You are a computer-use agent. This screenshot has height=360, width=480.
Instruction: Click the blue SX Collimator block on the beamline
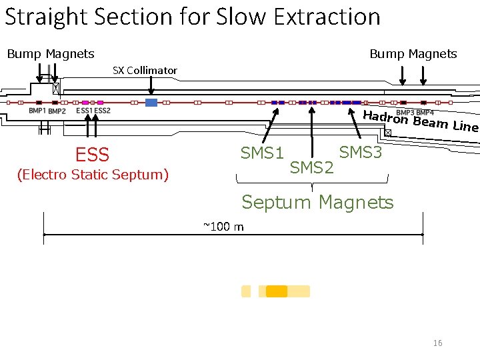pyautogui.click(x=151, y=103)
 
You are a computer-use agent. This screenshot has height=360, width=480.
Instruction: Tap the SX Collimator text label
pyautogui.click(x=145, y=70)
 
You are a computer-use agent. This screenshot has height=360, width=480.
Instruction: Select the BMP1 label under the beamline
pyautogui.click(x=37, y=111)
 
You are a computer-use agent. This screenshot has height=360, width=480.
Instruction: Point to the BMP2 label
pyautogui.click(x=57, y=111)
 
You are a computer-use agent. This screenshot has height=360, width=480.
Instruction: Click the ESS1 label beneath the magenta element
pyautogui.click(x=85, y=111)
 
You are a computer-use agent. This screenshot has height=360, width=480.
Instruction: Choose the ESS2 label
pyautogui.click(x=103, y=111)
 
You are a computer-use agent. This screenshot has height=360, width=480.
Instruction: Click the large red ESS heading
pyautogui.click(x=92, y=155)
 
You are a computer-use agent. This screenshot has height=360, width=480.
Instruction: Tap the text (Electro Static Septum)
pyautogui.click(x=93, y=175)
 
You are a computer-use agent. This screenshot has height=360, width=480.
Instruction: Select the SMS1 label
pyautogui.click(x=262, y=153)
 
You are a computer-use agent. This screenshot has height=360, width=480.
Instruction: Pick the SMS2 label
pyautogui.click(x=312, y=168)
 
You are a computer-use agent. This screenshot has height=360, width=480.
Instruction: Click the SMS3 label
pyautogui.click(x=361, y=153)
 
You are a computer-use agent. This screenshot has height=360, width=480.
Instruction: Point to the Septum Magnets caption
pyautogui.click(x=317, y=202)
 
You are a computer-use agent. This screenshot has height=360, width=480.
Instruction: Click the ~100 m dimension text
pyautogui.click(x=223, y=227)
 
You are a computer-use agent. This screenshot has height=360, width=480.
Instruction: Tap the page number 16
pyautogui.click(x=437, y=343)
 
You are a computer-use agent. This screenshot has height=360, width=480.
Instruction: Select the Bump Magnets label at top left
pyautogui.click(x=51, y=54)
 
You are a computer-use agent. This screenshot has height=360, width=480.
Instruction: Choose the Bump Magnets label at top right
pyautogui.click(x=413, y=54)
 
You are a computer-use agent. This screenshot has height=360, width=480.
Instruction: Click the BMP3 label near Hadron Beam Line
pyautogui.click(x=405, y=112)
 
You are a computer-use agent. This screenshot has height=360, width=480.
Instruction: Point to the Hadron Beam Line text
pyautogui.click(x=420, y=121)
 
